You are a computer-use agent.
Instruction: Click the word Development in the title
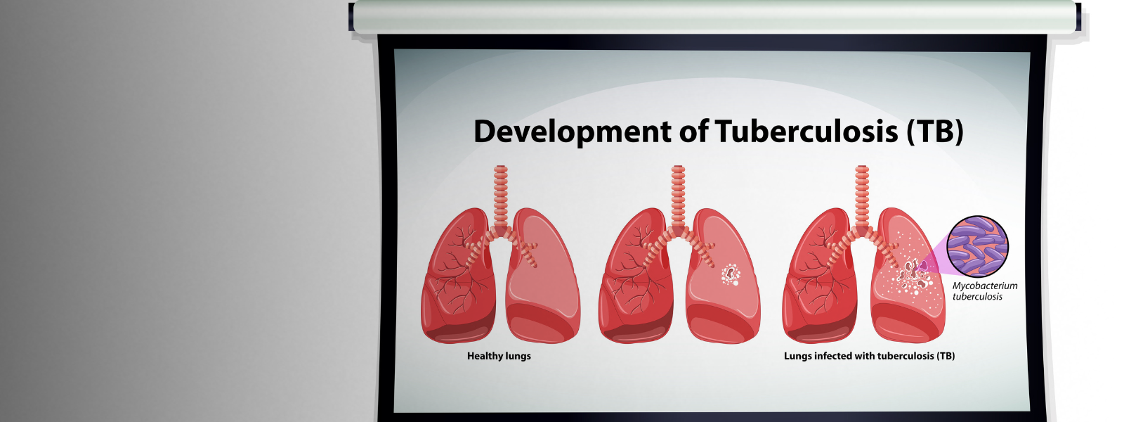coord(573,132)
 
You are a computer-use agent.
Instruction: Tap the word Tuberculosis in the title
coord(806,131)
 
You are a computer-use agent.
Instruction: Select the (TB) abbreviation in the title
coord(935,132)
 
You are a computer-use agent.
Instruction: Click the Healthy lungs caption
coord(499,356)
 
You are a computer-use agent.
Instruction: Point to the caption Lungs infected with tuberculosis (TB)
coord(869,356)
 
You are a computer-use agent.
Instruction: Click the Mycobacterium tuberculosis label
coord(985,291)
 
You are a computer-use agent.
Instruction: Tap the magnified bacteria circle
coord(977,246)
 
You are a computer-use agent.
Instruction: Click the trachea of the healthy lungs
coord(501,196)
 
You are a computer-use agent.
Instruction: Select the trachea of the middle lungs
coord(678,196)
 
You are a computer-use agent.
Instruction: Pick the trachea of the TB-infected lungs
coord(861,196)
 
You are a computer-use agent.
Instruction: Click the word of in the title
coord(693,131)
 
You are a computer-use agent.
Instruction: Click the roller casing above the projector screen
coord(714,17)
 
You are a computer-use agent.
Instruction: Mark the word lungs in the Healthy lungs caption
coord(518,357)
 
